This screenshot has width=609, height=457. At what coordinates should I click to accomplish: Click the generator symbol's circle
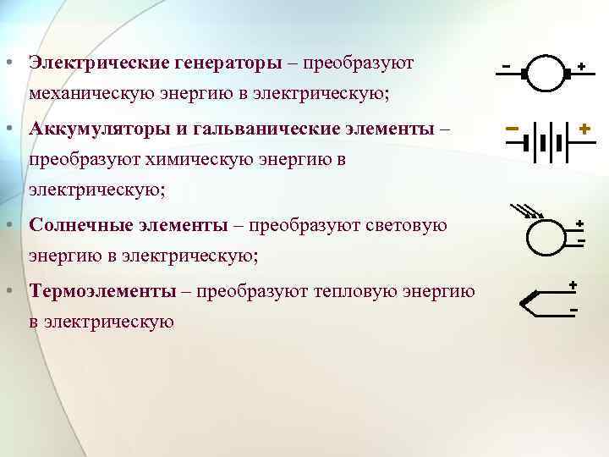click(546, 74)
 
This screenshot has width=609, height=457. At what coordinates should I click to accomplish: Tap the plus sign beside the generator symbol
click(582, 64)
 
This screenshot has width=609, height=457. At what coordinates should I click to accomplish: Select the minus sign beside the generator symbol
click(507, 64)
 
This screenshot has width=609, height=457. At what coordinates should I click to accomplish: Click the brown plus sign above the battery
click(584, 128)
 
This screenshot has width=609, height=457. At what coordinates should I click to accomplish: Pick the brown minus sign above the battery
click(513, 129)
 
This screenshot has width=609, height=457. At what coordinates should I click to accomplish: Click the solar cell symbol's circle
click(545, 236)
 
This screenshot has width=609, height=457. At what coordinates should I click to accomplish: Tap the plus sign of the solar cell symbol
click(580, 223)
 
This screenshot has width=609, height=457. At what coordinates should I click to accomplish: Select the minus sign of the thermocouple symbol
click(573, 311)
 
